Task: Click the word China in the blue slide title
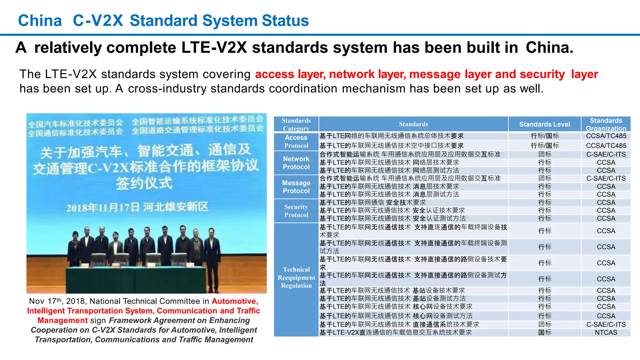40,21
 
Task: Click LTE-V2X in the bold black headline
214,47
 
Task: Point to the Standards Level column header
544,124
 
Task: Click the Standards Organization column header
606,124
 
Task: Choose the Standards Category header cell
296,124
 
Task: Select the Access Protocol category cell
296,142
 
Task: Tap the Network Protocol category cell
296,163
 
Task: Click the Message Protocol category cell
296,187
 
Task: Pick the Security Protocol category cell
296,211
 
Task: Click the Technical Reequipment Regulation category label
296,277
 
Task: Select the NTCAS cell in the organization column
606,332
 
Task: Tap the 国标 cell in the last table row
544,332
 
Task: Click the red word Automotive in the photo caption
235,301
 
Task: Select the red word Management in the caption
62,321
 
